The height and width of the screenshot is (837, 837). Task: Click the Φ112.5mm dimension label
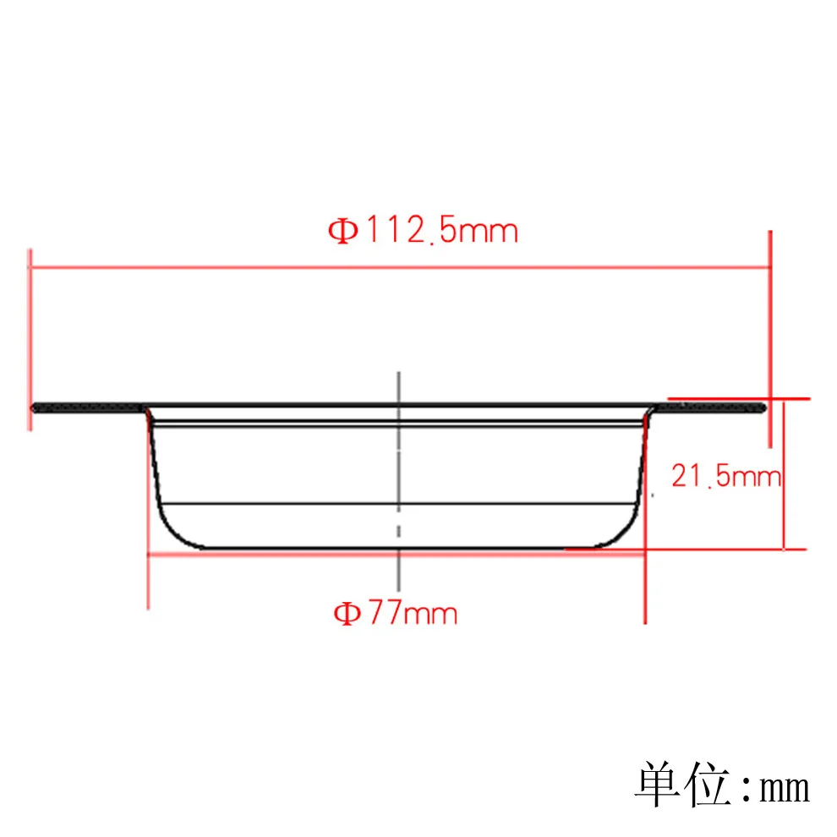423,230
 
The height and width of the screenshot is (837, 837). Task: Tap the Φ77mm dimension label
395,612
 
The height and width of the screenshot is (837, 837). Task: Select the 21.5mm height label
725,477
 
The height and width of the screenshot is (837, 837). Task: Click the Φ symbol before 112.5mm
343,231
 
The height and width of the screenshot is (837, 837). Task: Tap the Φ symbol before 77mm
346,613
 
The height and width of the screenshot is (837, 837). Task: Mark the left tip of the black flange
34,408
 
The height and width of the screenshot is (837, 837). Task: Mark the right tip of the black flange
764,408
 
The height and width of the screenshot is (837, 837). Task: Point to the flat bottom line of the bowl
397,550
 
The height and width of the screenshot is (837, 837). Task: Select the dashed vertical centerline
398,473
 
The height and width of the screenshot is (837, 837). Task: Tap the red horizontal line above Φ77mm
254,555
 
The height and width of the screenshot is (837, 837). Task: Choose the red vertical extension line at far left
30,338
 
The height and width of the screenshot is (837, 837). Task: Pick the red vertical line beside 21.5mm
785,473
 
